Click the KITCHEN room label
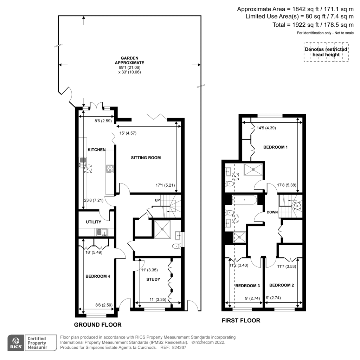(97, 150)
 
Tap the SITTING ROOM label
(146, 158)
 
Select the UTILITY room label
(94, 222)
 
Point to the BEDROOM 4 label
(98, 276)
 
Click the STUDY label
(153, 279)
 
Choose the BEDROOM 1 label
(276, 147)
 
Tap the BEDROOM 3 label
(247, 285)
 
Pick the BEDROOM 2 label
(282, 285)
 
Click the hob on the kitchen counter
(110, 169)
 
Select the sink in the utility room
(102, 232)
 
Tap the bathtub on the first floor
(244, 200)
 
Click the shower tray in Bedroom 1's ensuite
(253, 169)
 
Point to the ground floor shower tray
(162, 229)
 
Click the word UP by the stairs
(157, 200)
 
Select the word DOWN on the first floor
(272, 212)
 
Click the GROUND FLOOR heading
(98, 324)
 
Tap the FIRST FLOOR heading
(241, 321)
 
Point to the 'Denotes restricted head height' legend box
(326, 52)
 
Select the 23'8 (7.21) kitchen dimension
(94, 200)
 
